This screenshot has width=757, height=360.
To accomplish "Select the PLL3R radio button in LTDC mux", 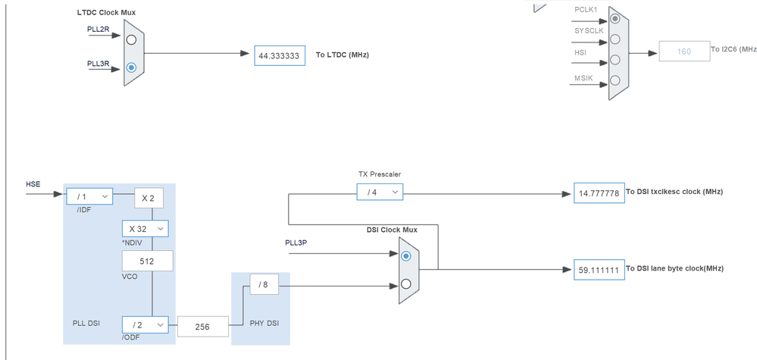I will click(132, 67).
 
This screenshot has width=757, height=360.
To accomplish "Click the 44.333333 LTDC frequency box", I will click(280, 55).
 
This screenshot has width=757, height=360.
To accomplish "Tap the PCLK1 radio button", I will click(615, 17).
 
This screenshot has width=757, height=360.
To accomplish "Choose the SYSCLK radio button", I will click(615, 39).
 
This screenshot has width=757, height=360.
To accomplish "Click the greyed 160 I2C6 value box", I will click(684, 52).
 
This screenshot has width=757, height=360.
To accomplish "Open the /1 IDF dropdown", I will click(89, 197).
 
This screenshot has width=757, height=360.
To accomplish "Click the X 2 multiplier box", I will click(148, 197).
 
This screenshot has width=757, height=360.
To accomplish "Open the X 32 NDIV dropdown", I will click(145, 229).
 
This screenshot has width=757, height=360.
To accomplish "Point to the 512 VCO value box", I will click(147, 261).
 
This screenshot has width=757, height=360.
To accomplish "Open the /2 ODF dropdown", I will click(145, 324).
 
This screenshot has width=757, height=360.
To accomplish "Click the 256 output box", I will click(202, 326).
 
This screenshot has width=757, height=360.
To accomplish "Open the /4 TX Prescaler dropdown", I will click(380, 193).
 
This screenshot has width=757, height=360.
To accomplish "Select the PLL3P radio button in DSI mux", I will click(407, 256).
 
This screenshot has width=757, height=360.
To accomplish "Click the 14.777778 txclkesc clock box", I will click(598, 193).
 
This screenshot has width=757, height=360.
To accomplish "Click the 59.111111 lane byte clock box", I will click(598, 270).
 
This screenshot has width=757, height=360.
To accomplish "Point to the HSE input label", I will click(33, 184).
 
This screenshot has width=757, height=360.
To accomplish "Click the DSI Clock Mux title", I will click(392, 230).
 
